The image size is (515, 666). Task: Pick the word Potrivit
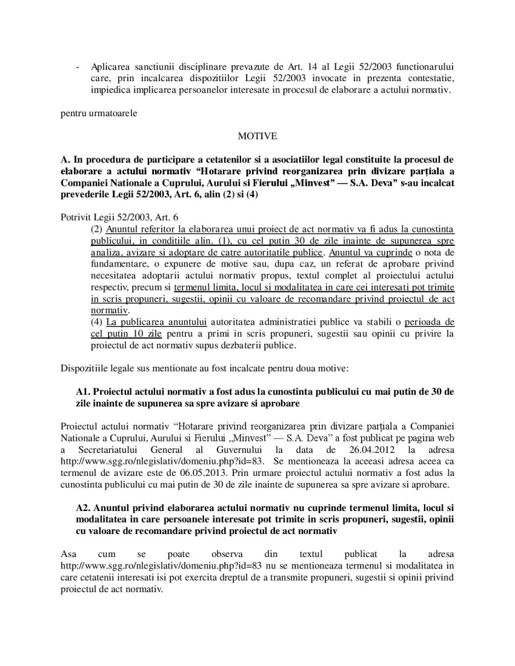(76, 217)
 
